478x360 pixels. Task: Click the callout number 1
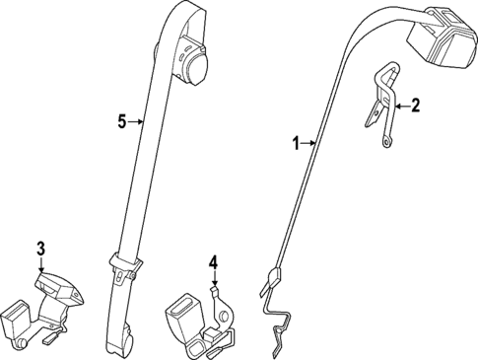294,144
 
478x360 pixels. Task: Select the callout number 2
415,106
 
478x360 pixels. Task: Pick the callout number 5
121,121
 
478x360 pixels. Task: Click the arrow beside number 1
307,144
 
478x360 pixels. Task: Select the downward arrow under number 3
41,264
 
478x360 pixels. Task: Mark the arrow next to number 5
137,121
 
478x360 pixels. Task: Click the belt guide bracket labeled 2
379,99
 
